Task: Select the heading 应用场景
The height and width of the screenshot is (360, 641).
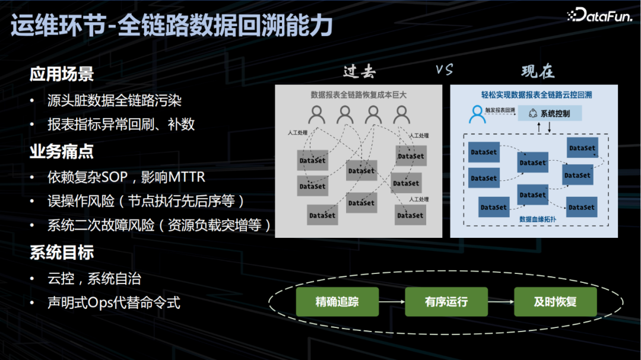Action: coord(62,74)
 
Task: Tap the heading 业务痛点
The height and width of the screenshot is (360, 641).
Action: coord(62,152)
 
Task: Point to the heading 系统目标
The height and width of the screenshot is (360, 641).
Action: coord(62,253)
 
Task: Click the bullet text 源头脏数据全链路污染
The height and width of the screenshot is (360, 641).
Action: coord(114,100)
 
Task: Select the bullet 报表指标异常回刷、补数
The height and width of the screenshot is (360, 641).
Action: coord(121,125)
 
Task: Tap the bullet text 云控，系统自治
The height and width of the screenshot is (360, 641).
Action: coord(94,278)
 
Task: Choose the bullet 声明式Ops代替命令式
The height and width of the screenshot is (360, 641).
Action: coord(113,303)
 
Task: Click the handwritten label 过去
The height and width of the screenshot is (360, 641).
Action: coord(359,71)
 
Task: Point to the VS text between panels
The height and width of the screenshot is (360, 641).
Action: coord(444,70)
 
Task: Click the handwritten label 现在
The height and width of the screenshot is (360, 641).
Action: coord(538,71)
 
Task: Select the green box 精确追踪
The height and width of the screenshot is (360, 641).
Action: coord(337,302)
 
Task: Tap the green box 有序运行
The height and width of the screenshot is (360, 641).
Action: coord(446,302)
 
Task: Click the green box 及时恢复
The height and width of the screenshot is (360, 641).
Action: coord(555,302)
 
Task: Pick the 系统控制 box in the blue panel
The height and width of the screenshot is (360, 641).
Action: coord(550,113)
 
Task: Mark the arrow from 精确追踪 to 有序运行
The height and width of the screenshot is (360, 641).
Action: coord(392,302)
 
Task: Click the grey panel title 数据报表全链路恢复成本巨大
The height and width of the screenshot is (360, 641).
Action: coord(358,94)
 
